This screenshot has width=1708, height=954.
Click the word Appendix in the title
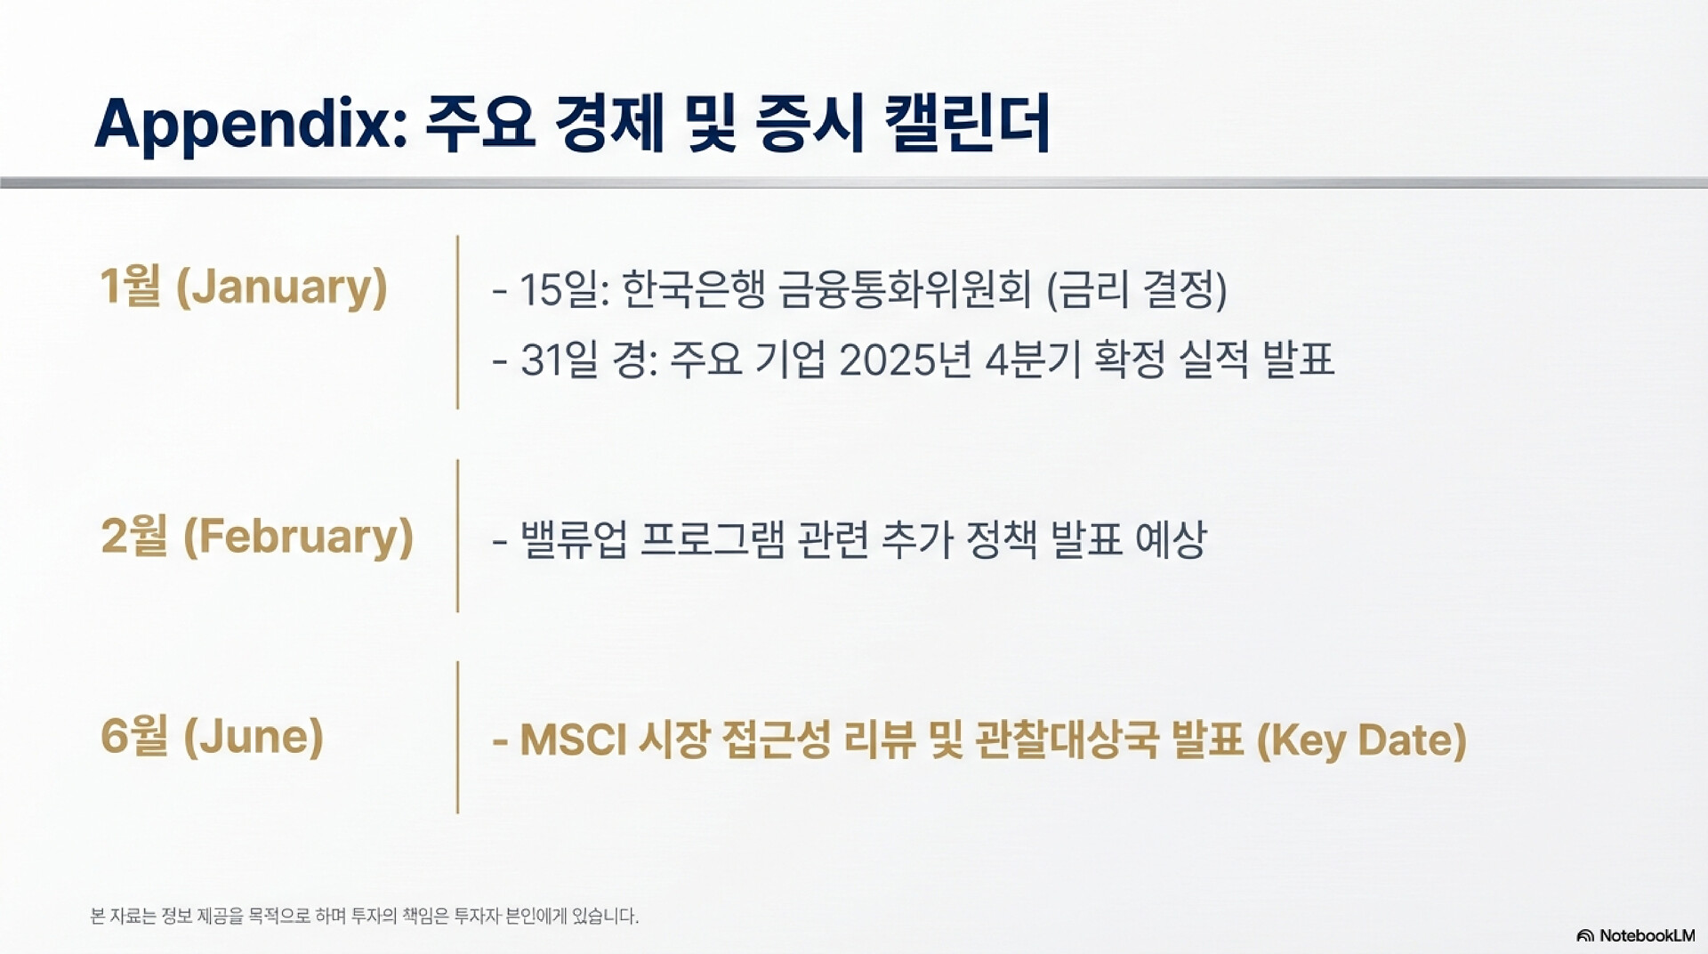click(x=251, y=124)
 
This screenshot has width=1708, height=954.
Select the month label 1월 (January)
click(x=244, y=287)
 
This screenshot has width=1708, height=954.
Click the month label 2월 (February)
click(x=257, y=537)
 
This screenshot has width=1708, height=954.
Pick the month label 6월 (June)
click(x=212, y=736)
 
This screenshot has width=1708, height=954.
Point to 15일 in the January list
click(x=563, y=289)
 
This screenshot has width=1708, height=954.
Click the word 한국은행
click(x=693, y=289)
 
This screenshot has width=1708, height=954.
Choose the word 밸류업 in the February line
click(x=574, y=538)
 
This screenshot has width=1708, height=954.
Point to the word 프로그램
click(x=713, y=538)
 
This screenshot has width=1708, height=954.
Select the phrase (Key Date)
click(x=1362, y=740)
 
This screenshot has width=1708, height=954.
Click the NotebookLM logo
click(x=1636, y=935)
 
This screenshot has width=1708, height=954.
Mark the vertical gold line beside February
click(x=457, y=536)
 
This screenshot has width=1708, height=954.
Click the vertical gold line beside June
click(x=457, y=737)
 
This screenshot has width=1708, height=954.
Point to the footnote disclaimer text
click(x=365, y=916)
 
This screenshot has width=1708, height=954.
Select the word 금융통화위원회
click(x=905, y=289)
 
